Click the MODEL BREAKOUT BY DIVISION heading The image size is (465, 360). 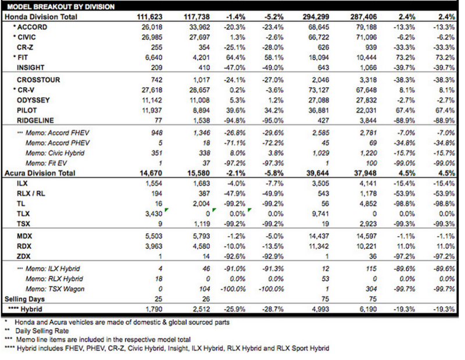[61, 7]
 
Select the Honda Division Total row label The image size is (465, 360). [41, 17]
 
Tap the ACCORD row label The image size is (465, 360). [32, 27]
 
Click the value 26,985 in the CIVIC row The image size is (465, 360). [152, 37]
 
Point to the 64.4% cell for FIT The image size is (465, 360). [235, 57]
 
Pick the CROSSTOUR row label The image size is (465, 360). [38, 80]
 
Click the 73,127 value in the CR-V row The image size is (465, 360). [319, 90]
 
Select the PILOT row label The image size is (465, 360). [27, 111]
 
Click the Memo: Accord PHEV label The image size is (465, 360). [57, 143]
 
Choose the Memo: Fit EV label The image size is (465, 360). [46, 163]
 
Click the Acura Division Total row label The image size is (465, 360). [40, 173]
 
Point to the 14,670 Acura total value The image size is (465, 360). [151, 173]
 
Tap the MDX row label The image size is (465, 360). [24, 236]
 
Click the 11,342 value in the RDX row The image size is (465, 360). [319, 247]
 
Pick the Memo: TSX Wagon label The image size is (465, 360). [55, 289]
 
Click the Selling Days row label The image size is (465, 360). [24, 299]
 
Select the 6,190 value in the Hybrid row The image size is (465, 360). [368, 309]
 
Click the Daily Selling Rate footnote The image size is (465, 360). [42, 331]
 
